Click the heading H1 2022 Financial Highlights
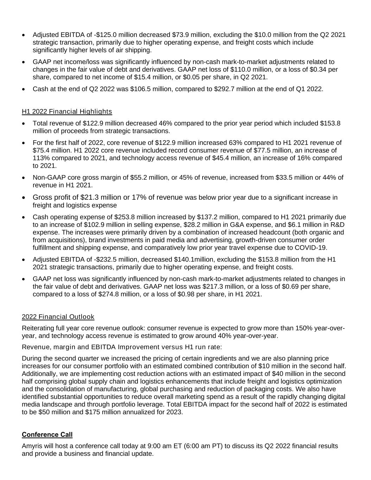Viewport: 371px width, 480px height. click(67, 111)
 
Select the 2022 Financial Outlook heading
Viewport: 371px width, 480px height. click(58, 317)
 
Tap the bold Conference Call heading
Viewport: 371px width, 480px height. click(47, 435)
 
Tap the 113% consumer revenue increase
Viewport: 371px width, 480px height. click(40, 158)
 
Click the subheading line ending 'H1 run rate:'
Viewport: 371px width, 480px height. click(122, 347)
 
